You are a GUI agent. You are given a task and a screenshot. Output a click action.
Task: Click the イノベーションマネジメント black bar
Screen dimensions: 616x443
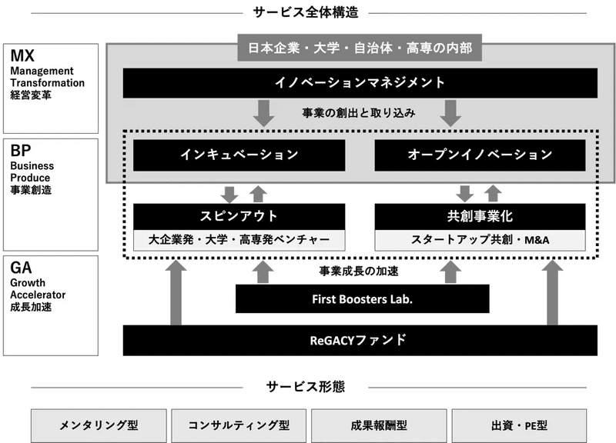click(360, 83)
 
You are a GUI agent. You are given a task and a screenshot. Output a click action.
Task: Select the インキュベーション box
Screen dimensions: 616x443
click(239, 155)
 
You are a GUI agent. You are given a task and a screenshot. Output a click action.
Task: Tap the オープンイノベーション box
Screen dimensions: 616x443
click(480, 155)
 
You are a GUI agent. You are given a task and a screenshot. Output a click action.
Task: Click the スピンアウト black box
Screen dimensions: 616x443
click(239, 217)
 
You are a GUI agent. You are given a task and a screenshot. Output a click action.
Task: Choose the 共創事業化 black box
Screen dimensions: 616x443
click(480, 217)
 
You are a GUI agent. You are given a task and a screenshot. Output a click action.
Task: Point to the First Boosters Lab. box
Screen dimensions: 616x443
click(362, 299)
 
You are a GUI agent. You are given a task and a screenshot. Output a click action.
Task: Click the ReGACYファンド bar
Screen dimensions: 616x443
click(360, 340)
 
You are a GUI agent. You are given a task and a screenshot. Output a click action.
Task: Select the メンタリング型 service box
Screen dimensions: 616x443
click(99, 426)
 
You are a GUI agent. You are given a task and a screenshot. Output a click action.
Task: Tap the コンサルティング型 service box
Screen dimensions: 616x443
click(239, 426)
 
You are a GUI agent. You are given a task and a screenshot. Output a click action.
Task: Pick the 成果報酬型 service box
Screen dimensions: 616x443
click(379, 426)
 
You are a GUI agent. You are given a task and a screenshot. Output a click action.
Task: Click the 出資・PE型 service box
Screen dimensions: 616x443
click(519, 426)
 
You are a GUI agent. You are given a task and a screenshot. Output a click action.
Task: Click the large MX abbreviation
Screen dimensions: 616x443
click(22, 55)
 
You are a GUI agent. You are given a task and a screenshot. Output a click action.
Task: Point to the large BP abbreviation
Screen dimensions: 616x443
click(21, 151)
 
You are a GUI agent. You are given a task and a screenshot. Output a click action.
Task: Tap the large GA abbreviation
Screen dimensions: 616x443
click(21, 268)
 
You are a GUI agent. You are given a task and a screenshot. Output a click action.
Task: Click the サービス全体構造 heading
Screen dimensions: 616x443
click(306, 12)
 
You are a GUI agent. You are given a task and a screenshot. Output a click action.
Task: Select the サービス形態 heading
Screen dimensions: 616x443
click(306, 387)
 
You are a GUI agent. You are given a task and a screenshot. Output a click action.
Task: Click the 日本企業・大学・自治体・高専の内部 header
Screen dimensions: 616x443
click(360, 48)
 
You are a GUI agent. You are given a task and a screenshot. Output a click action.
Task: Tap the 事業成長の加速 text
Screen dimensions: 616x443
click(359, 271)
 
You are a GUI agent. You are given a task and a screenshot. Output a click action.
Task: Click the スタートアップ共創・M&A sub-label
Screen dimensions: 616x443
click(480, 240)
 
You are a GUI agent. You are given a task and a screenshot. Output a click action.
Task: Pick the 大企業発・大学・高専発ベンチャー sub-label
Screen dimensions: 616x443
click(239, 240)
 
